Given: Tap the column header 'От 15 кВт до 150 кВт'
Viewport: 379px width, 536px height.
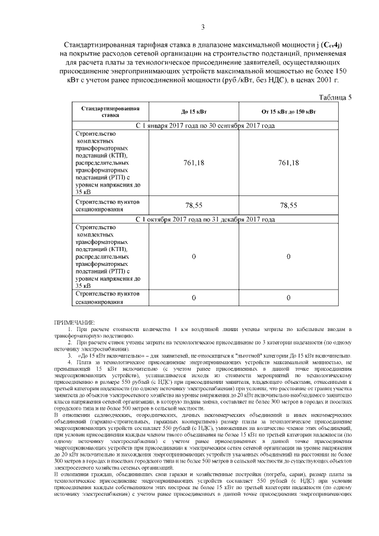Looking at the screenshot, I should tap(288, 113).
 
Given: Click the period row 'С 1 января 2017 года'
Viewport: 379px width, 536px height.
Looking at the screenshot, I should tap(205, 126).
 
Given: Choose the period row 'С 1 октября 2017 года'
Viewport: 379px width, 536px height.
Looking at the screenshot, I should tap(205, 219).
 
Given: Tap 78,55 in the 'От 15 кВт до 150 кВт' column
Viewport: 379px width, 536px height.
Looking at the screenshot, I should tap(288, 205).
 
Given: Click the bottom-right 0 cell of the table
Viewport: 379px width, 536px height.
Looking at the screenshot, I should tap(288, 297).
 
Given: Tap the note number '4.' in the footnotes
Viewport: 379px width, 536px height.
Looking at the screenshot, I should tap(69, 361).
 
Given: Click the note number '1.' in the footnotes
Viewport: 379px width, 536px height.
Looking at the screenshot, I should tap(69, 329).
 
